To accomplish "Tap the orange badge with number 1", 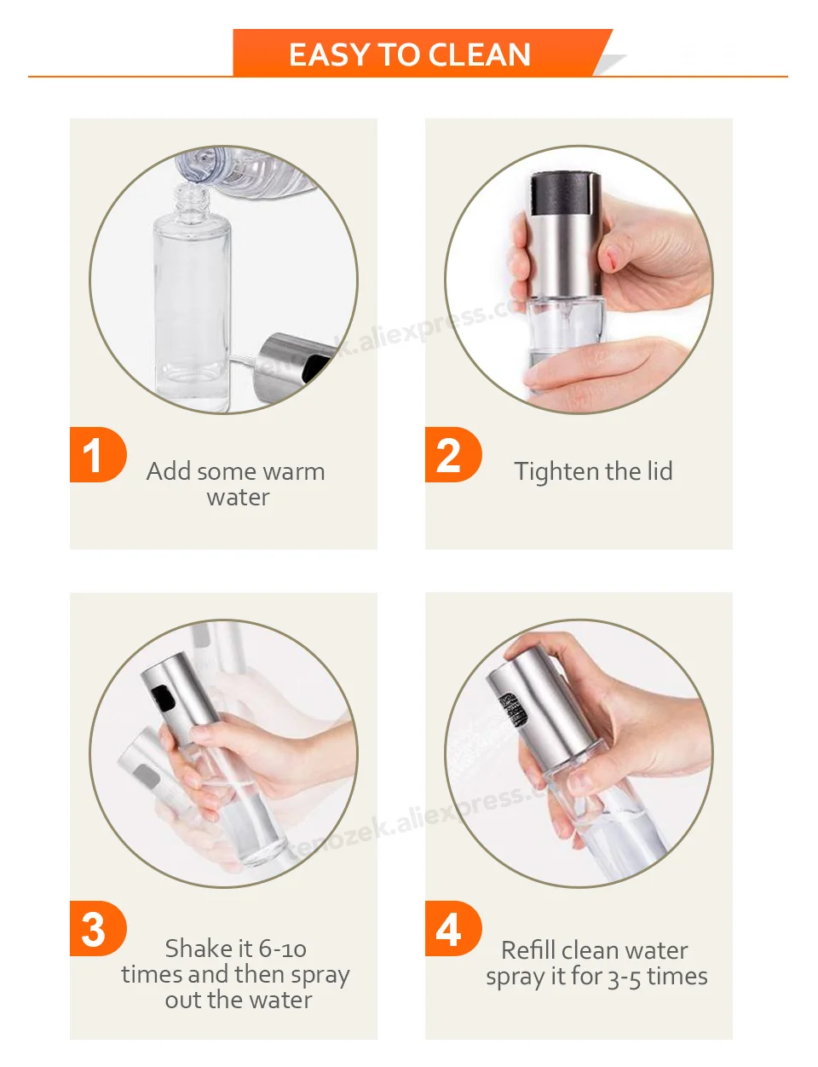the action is pos(98,455).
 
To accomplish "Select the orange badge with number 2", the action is pos(453,455).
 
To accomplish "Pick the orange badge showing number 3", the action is pos(98,929).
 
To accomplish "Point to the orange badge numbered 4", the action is pos(453,929).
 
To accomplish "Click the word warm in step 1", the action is pos(297,472).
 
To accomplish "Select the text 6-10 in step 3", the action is pos(282,949).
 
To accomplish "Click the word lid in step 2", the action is pos(657,471).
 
